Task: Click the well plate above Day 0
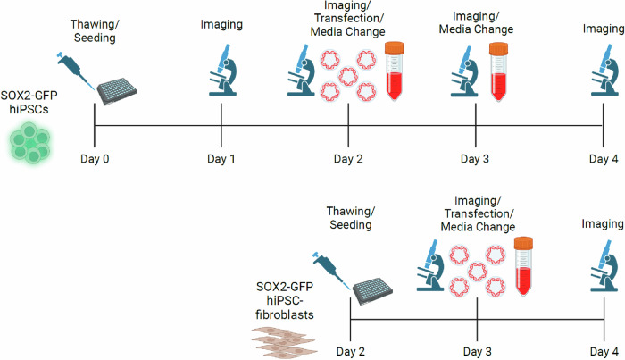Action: click(119, 90)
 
